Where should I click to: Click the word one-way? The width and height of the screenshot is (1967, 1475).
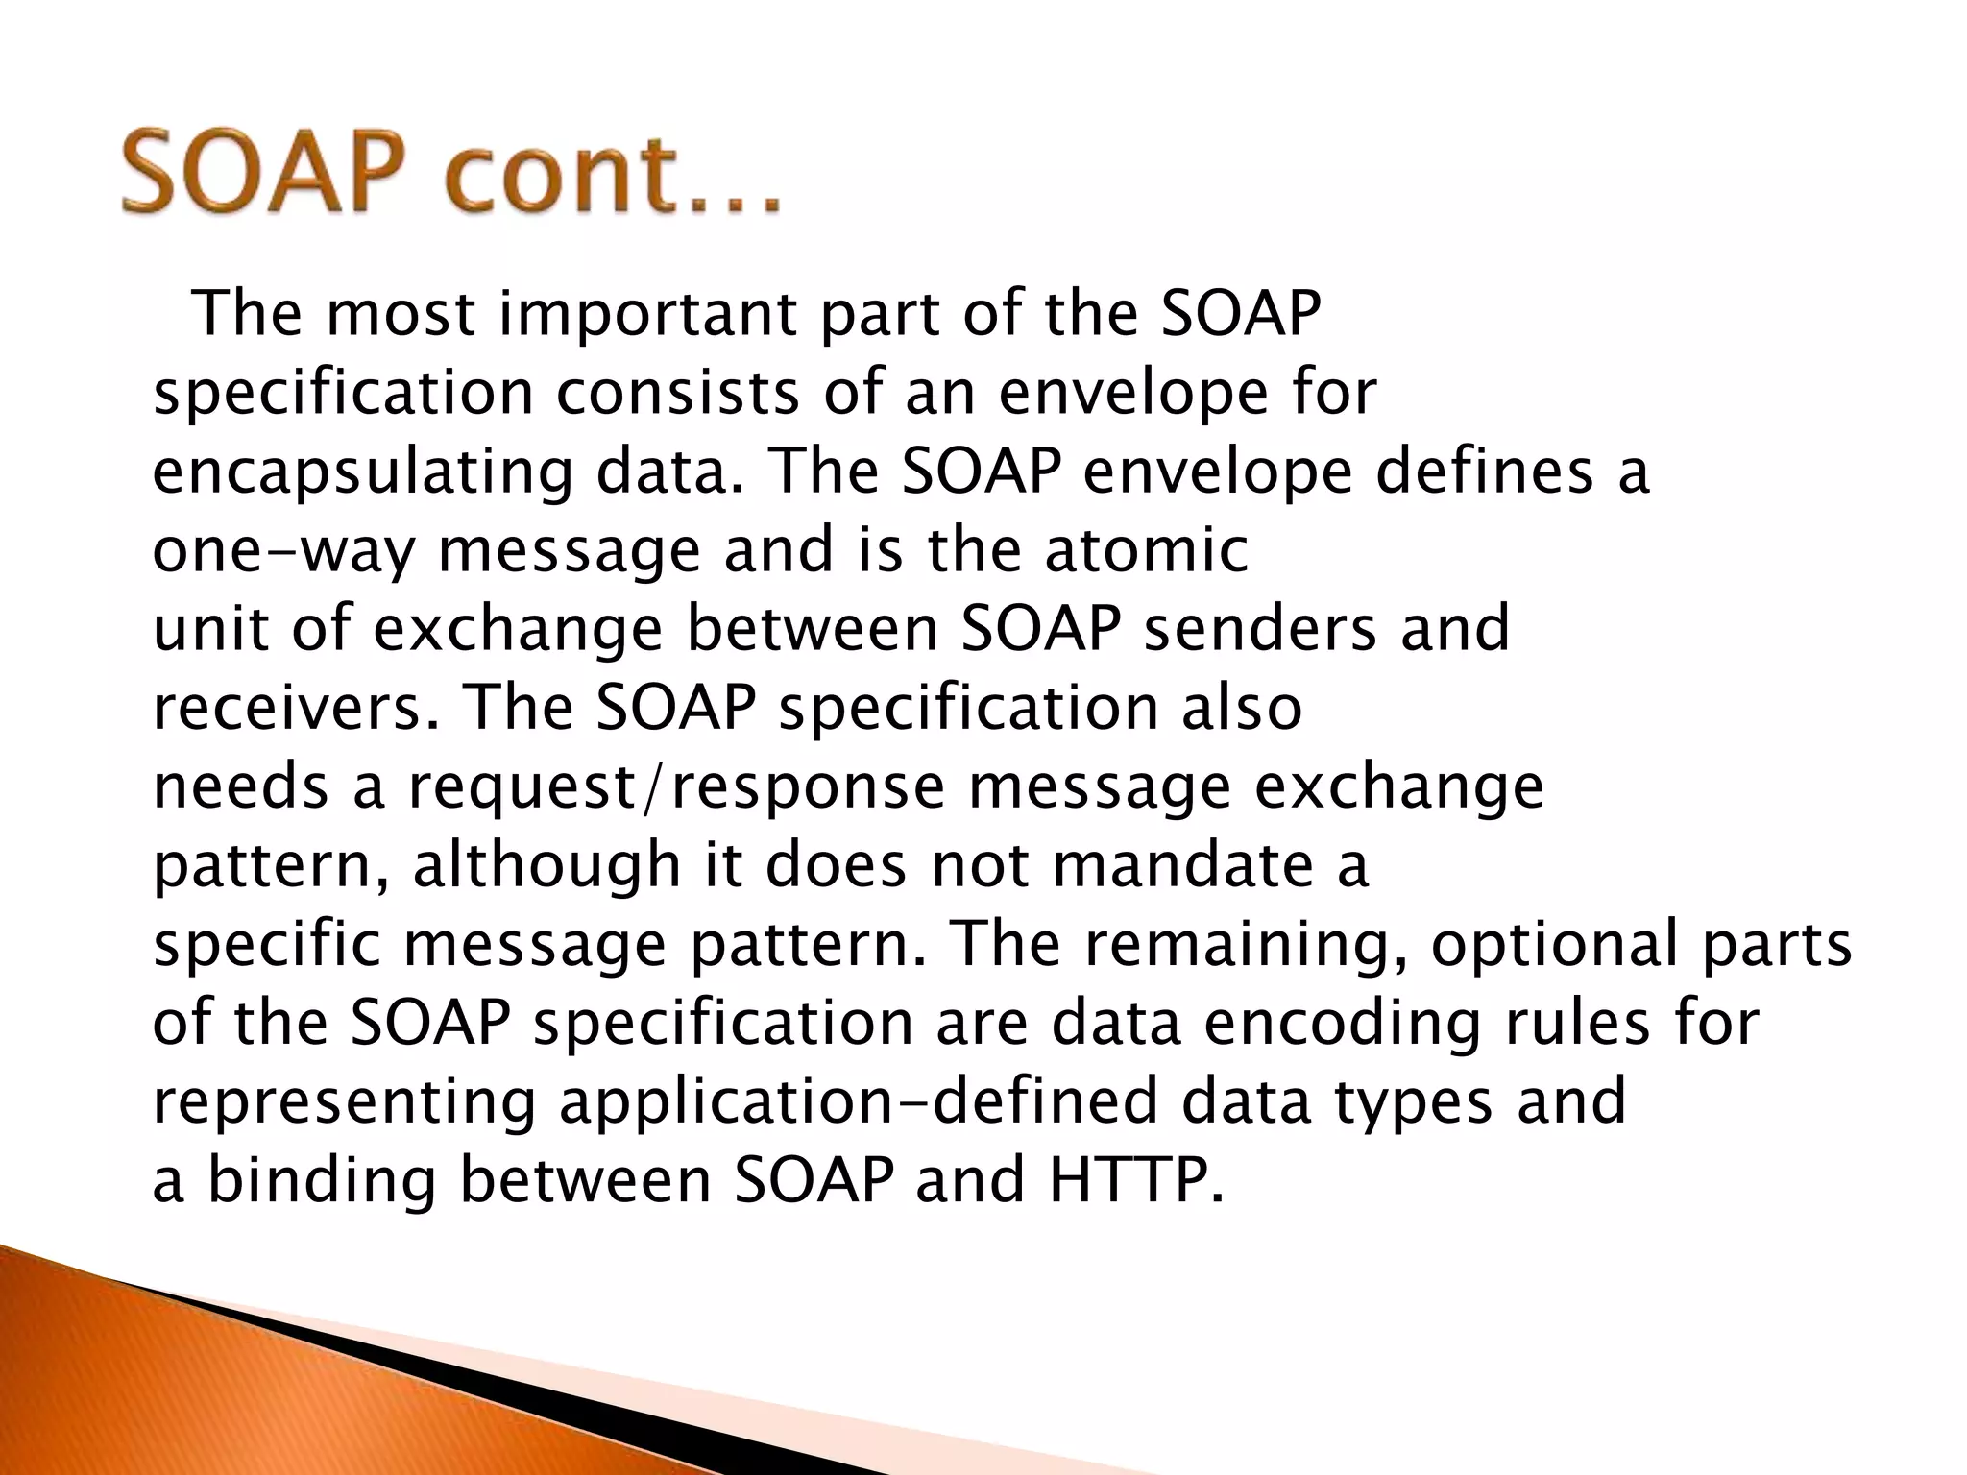(283, 552)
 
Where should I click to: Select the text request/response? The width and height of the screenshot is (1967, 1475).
(677, 788)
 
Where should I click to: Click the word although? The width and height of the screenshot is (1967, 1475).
(546, 865)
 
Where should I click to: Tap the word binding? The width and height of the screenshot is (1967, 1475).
(322, 1180)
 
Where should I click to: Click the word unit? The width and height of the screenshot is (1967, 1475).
(209, 629)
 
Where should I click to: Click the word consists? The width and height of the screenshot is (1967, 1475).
(677, 393)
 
